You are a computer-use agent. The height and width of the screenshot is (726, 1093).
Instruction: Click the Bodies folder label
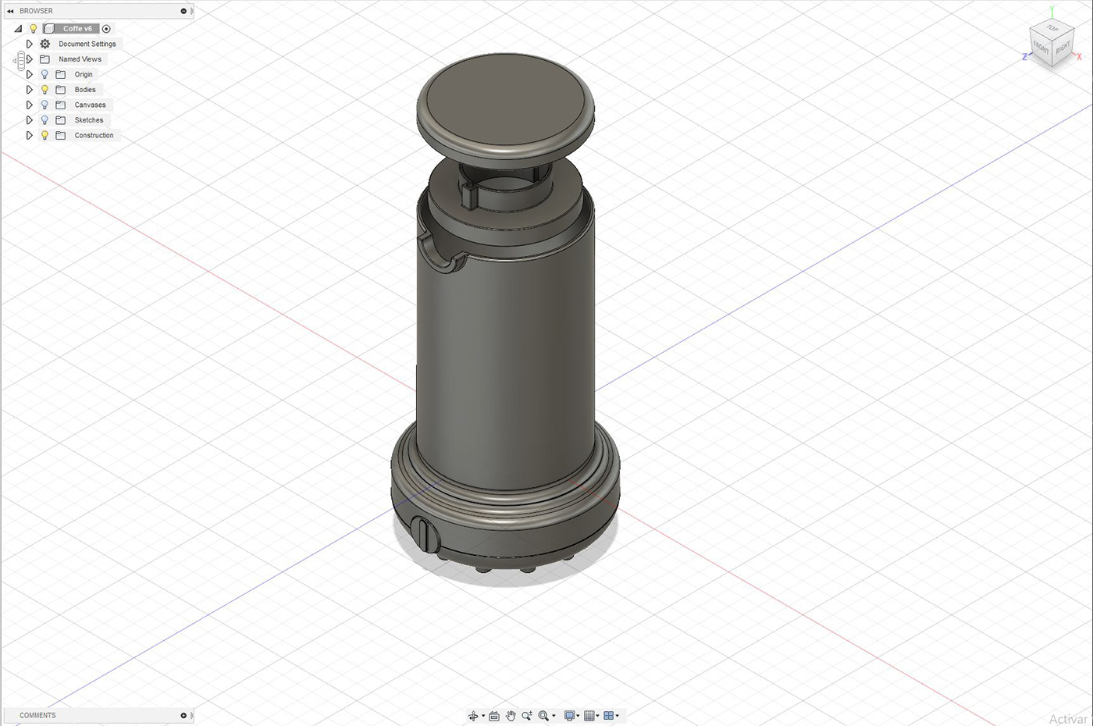[x=85, y=90]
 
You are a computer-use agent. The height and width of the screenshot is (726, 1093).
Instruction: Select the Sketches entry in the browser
[x=88, y=120]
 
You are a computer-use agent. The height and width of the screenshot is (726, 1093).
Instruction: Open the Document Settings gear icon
[x=45, y=44]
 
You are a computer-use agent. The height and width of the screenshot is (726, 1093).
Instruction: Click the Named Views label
[x=80, y=59]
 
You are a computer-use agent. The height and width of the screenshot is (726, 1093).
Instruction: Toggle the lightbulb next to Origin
[x=45, y=74]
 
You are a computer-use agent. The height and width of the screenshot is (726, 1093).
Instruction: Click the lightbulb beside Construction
[x=45, y=135]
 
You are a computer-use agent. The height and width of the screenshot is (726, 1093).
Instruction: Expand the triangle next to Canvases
[x=30, y=105]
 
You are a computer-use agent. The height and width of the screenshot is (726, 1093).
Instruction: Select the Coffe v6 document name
[x=77, y=29]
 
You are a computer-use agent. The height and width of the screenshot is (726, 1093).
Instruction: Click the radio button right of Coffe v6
[x=107, y=29]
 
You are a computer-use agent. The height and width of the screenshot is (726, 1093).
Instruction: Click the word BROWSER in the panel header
[x=36, y=11]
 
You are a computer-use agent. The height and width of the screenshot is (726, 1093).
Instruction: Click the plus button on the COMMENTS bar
[x=183, y=715]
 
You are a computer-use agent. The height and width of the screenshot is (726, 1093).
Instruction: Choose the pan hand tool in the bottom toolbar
[x=511, y=716]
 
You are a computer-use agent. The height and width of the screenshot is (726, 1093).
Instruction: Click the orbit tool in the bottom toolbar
[x=473, y=716]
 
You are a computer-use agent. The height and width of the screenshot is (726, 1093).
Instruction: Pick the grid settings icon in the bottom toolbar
[x=590, y=716]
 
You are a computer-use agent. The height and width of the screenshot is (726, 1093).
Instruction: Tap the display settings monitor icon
[x=570, y=716]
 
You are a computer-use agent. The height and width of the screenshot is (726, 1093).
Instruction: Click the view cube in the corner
[x=1051, y=44]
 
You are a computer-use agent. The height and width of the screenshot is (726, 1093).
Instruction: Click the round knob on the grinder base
[x=425, y=535]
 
